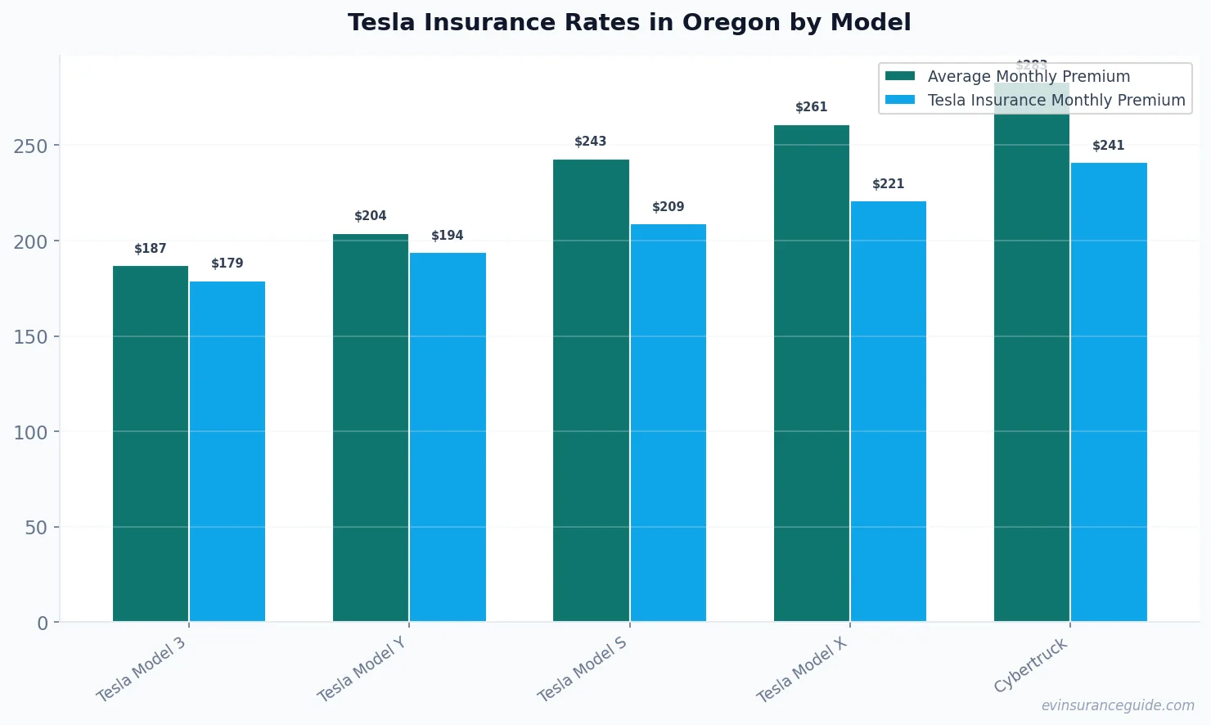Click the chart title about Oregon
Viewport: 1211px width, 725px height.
(628, 22)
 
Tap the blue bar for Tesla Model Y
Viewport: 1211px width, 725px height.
(448, 437)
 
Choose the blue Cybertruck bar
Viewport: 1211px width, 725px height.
(1109, 392)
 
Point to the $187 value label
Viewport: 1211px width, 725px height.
(151, 249)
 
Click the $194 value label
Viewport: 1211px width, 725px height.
(448, 236)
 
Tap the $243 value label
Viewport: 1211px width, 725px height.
(591, 142)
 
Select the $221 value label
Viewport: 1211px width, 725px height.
(888, 184)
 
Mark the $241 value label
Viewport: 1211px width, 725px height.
(1109, 146)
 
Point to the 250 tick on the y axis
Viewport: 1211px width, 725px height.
(30, 146)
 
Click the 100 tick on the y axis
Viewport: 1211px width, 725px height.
(30, 433)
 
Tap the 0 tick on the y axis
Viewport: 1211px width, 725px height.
(43, 624)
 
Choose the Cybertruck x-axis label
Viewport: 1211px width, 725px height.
(1031, 665)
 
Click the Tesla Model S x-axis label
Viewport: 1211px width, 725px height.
(583, 669)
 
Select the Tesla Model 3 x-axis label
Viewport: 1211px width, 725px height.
(142, 669)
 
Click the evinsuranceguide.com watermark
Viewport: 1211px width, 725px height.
(1118, 705)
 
